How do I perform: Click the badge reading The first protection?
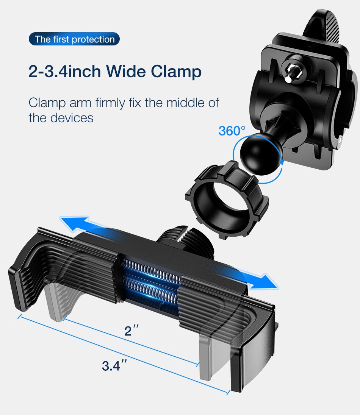(74, 39)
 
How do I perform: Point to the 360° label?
(232, 131)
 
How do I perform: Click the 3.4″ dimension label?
(114, 366)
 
